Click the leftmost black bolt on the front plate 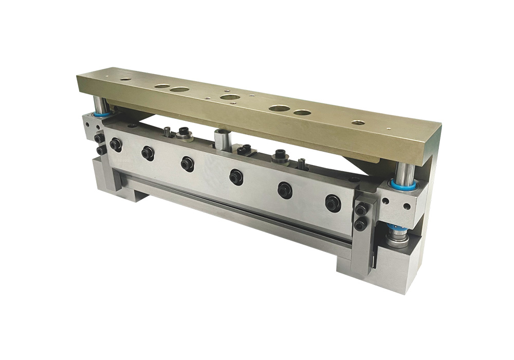[x=115, y=146]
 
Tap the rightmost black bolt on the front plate [x=333, y=203]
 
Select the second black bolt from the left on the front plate [x=148, y=153]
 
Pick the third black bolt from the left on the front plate [x=188, y=164]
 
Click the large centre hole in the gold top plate [x=228, y=98]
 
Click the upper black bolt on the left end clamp [x=99, y=138]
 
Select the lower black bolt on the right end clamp [x=361, y=224]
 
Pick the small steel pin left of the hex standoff [x=168, y=132]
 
